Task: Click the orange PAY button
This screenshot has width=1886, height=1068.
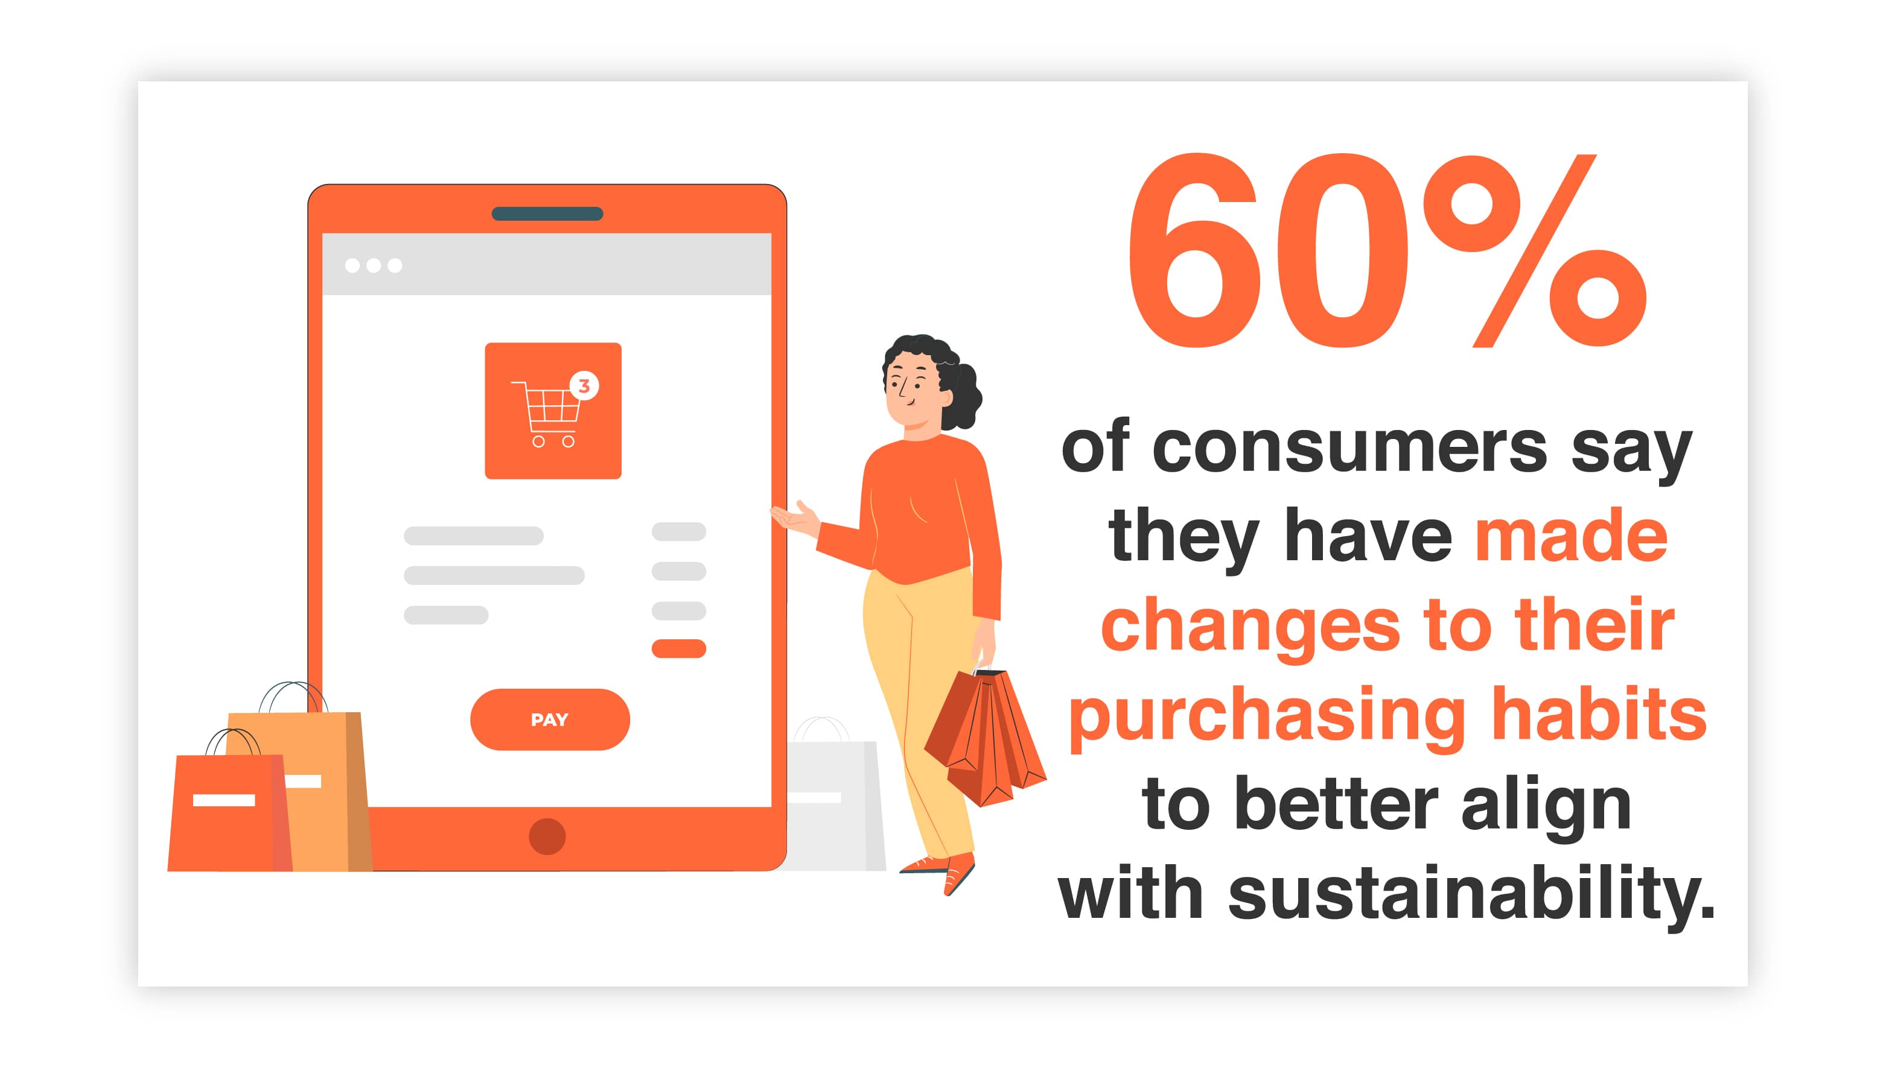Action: [x=550, y=719]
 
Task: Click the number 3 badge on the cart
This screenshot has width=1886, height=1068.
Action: [x=584, y=386]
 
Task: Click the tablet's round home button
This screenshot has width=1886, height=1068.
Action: [x=547, y=836]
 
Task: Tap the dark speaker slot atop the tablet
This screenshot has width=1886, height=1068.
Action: [x=547, y=213]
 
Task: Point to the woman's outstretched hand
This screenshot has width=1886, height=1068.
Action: [x=795, y=518]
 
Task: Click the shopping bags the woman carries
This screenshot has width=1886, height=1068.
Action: [x=985, y=737]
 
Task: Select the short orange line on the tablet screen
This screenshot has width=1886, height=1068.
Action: [x=679, y=648]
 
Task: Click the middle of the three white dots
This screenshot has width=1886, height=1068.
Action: [x=374, y=265]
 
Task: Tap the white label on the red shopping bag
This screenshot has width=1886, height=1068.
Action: [x=224, y=800]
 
